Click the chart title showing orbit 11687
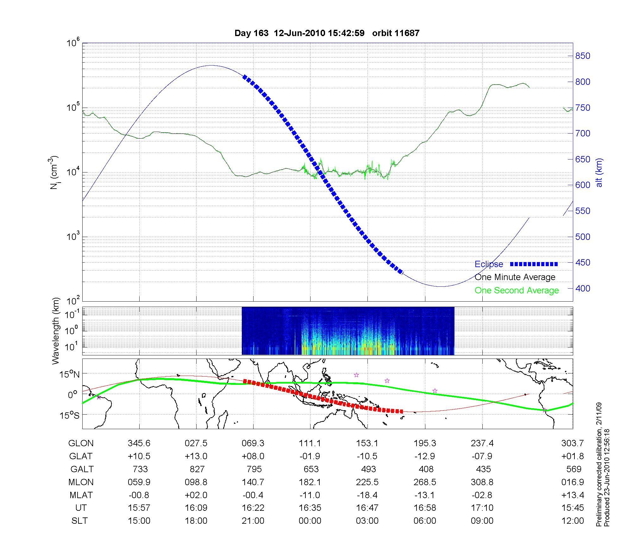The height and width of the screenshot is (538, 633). (x=327, y=33)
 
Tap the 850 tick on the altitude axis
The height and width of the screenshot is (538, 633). (x=582, y=56)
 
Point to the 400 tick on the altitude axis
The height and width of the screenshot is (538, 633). (x=582, y=288)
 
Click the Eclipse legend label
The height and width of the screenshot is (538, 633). (x=489, y=264)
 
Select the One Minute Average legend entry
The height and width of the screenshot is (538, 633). (x=515, y=277)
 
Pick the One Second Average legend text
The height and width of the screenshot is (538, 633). (x=517, y=291)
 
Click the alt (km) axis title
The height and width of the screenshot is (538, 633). (x=599, y=172)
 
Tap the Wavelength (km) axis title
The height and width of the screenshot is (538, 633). (x=56, y=331)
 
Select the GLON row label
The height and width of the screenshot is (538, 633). (x=81, y=443)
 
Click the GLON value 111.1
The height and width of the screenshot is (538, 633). (x=310, y=443)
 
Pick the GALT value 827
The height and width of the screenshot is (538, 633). (x=197, y=469)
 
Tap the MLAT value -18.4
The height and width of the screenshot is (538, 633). (x=367, y=495)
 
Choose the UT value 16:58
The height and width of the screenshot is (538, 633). (x=425, y=508)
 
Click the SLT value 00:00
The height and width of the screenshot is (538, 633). (x=310, y=521)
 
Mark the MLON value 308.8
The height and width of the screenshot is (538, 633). (x=482, y=482)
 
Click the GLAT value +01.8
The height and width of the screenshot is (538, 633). (x=572, y=456)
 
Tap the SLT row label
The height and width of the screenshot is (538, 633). (x=79, y=521)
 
